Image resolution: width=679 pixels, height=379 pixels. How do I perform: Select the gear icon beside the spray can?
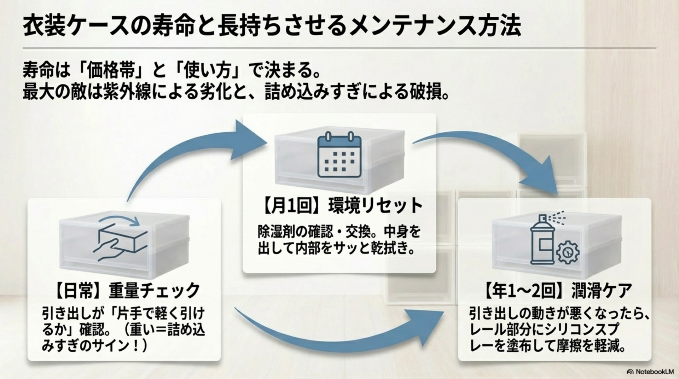[x=568, y=252]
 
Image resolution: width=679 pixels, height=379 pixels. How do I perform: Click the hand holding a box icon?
[x=120, y=238]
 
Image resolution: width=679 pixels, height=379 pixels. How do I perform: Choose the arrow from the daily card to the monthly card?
[x=191, y=156]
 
